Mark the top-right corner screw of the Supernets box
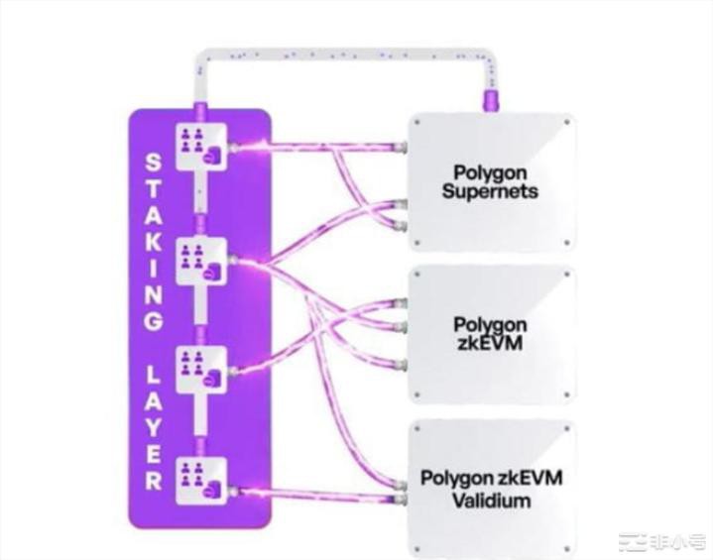point(566,123)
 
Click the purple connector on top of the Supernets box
point(489,101)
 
